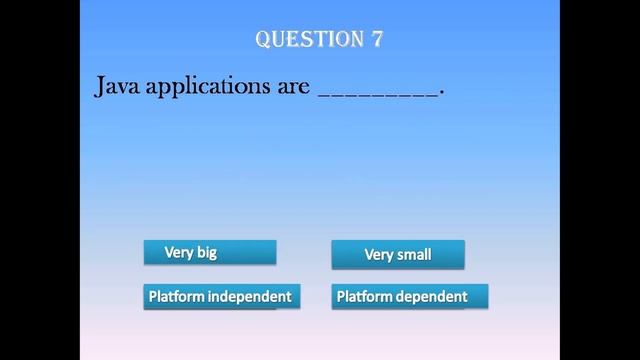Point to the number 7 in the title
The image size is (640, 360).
(378, 39)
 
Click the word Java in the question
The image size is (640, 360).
(118, 87)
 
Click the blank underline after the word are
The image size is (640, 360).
(377, 93)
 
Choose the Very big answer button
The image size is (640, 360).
(209, 253)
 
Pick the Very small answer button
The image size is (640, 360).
(398, 255)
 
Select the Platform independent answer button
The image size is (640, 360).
(220, 296)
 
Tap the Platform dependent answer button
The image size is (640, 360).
(409, 296)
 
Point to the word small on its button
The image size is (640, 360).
(414, 255)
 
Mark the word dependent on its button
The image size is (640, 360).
(432, 296)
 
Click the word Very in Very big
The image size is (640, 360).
(179, 253)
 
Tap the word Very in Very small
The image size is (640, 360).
(378, 255)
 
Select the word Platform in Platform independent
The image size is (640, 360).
(177, 296)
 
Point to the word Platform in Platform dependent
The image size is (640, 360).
(365, 296)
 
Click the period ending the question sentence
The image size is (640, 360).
(441, 93)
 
